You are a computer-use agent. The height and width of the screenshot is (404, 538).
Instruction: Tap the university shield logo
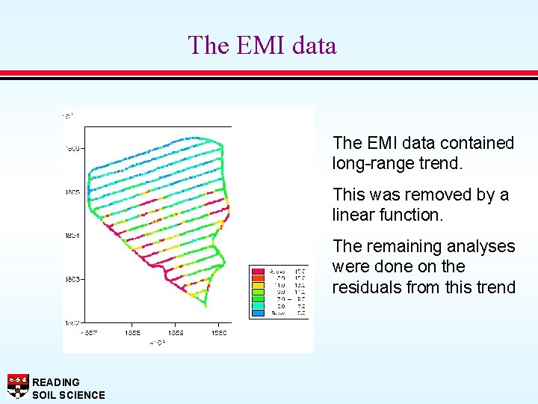coord(17,386)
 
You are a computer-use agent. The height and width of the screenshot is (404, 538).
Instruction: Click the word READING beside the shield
coord(56,382)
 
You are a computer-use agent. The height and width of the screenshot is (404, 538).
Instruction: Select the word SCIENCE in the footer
coord(81,395)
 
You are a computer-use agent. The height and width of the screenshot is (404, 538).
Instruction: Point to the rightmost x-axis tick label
coord(218,332)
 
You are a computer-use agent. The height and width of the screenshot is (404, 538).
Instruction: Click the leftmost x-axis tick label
coord(89,332)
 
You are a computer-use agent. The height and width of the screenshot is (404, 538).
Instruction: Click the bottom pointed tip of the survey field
coord(204,305)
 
